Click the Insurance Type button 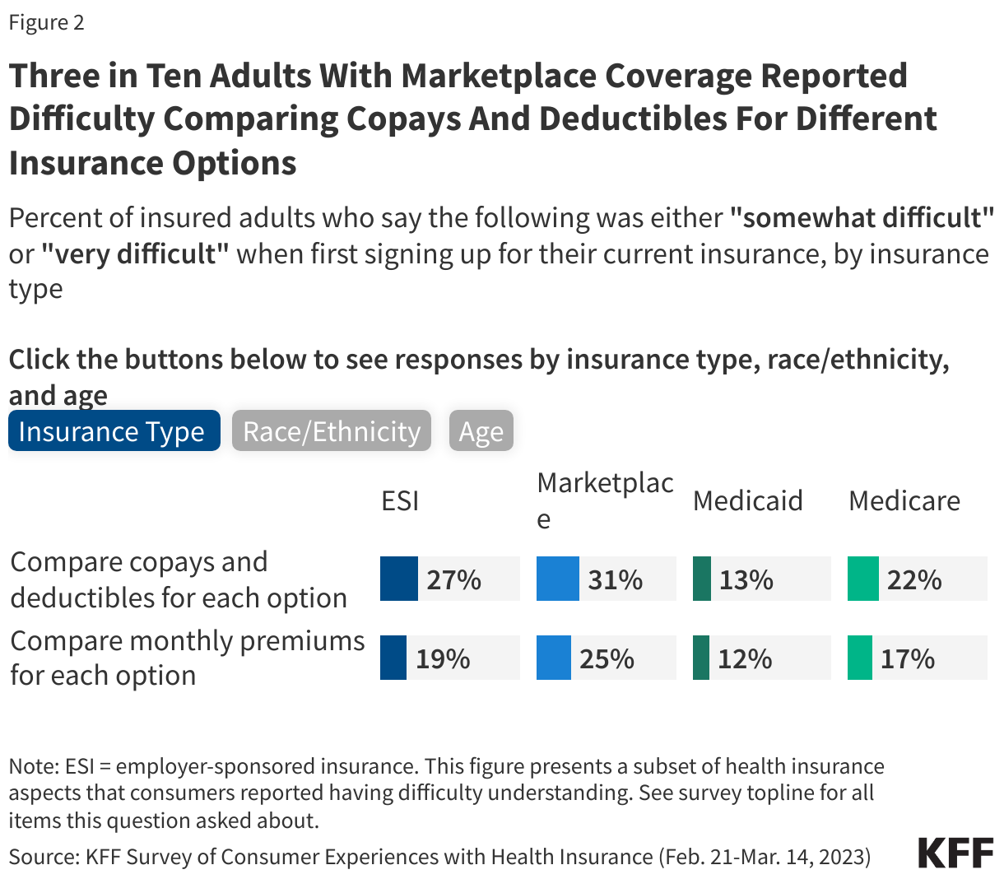pos(114,431)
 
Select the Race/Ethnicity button pos(331,431)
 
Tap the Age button pos(481,431)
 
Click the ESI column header pos(400,500)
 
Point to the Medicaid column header pos(747,500)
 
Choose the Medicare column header pos(904,500)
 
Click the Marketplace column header pos(604,500)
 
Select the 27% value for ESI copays pos(453,579)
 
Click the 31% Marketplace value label pos(615,579)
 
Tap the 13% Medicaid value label pos(746,579)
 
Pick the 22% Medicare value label pos(913,579)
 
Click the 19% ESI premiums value pos(443,658)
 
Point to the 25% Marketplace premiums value pos(607,658)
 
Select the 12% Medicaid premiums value pos(745,658)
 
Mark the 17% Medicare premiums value pos(907,658)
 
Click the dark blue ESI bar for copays pos(398,579)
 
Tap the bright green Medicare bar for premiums pos(859,658)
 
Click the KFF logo pos(955,853)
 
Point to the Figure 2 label pos(47,22)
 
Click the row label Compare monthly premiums pos(187,658)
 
